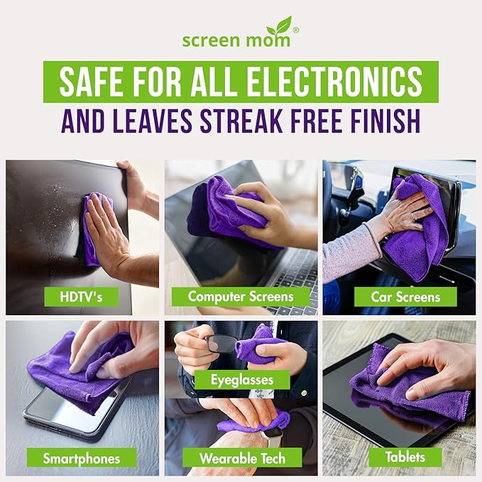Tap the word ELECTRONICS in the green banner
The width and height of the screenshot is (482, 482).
(343, 82)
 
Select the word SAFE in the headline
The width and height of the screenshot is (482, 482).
(88, 82)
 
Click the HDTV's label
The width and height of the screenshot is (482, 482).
(81, 296)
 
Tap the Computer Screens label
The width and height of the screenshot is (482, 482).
(241, 296)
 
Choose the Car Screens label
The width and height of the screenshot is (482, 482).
(405, 296)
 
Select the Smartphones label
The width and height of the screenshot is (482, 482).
(80, 458)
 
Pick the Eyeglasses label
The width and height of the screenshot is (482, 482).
(241, 380)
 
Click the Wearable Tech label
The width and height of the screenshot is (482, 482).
(241, 458)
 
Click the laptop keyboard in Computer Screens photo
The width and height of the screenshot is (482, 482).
(295, 270)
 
